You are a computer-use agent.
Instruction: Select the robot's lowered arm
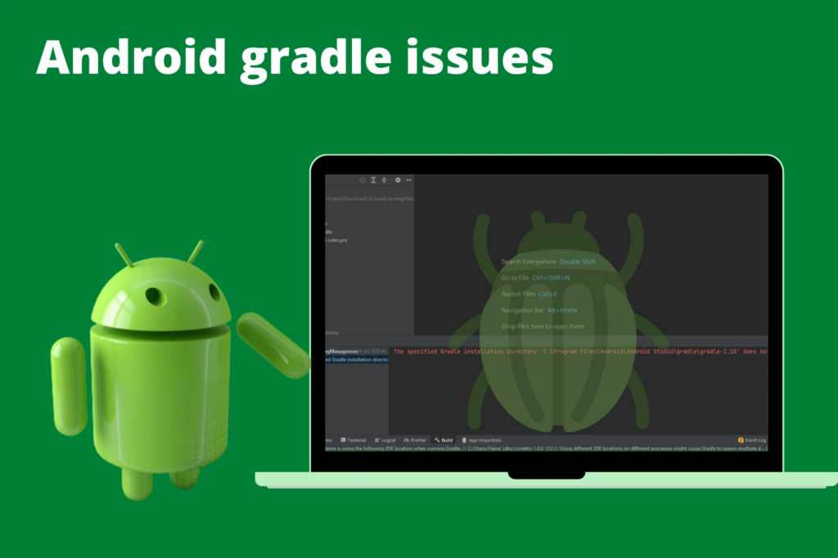coord(69,384)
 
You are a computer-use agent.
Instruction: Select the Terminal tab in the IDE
coord(354,440)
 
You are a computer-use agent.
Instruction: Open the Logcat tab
coord(385,440)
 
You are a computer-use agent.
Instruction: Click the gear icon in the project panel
coord(398,180)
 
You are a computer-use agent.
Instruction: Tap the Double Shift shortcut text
coord(578,262)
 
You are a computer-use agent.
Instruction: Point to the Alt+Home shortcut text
coord(562,310)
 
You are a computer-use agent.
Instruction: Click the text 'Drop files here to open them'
coord(543,326)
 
